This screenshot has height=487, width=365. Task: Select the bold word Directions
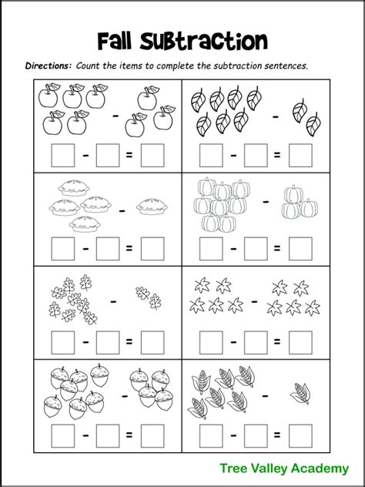pos(49,66)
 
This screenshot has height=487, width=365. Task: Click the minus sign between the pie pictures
pos(121,208)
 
